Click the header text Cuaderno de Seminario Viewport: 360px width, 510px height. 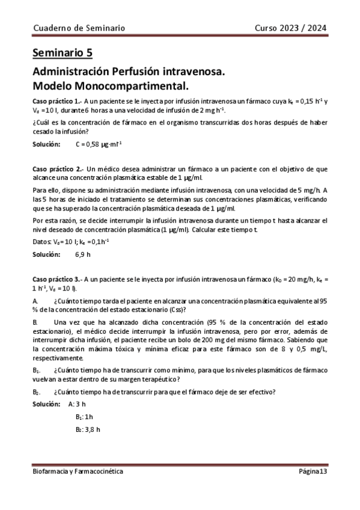[x=79, y=28]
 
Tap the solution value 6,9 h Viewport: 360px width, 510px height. [x=83, y=254]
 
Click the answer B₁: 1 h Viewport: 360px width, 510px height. [x=84, y=417]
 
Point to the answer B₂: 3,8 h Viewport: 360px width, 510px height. [x=87, y=429]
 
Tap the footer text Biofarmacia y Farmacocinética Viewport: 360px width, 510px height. [x=78, y=472]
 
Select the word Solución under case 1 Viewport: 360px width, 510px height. [x=47, y=144]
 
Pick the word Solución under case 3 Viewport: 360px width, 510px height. [x=47, y=404]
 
